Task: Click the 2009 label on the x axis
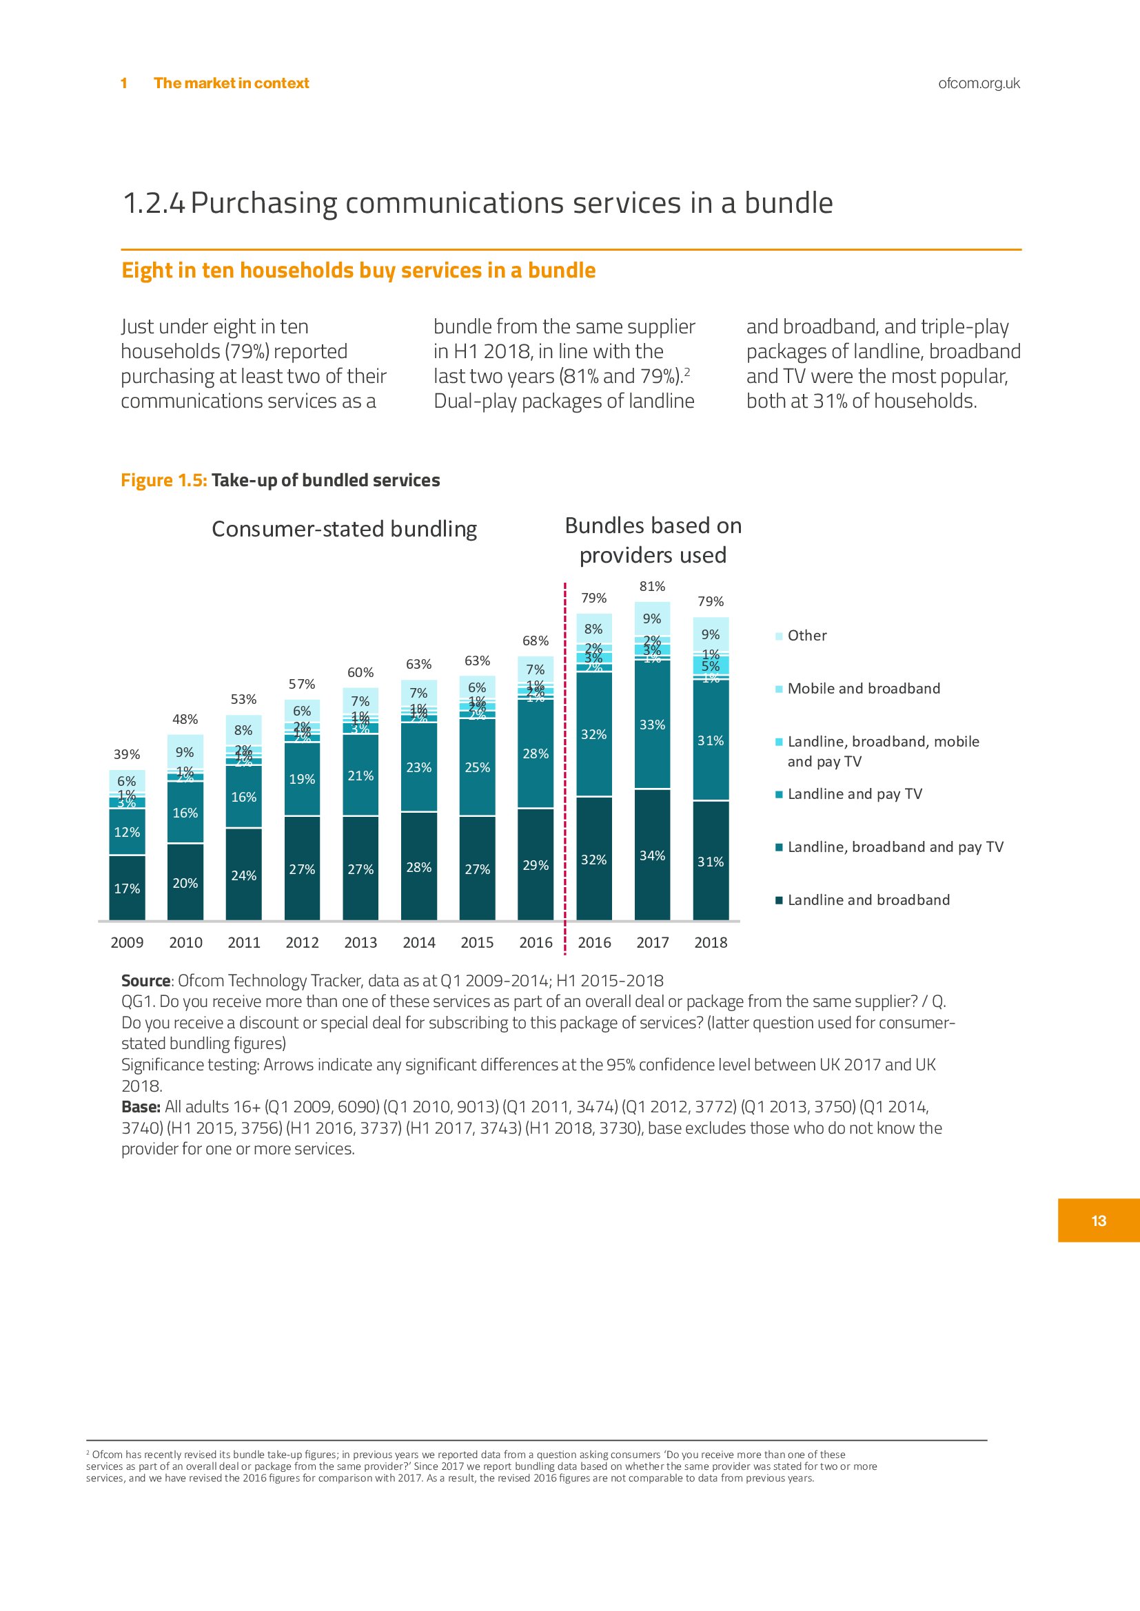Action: pos(127,942)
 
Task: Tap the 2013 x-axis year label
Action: pos(360,942)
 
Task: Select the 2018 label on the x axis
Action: pos(711,942)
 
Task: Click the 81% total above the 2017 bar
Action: pos(652,587)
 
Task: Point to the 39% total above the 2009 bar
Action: pos(127,754)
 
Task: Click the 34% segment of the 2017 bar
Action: pos(652,855)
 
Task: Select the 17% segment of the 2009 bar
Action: pos(127,888)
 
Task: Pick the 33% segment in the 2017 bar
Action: pos(652,725)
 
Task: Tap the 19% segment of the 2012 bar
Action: pos(302,779)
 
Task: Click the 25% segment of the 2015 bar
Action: pos(478,767)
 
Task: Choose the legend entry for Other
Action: pos(806,636)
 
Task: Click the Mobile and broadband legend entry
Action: pos(863,689)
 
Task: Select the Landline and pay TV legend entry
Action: pos(854,794)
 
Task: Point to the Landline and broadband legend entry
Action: pos(868,900)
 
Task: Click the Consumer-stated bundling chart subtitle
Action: pos(344,529)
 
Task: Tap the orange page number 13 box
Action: pos(1099,1221)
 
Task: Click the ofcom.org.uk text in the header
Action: pos(979,83)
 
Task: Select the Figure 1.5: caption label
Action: pos(164,481)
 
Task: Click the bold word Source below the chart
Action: pos(145,981)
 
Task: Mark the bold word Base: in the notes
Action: pos(141,1108)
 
